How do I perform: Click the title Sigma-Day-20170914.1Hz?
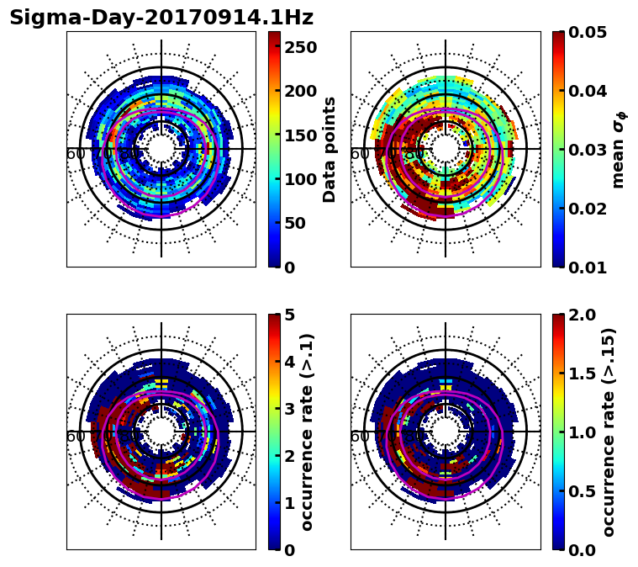click(161, 18)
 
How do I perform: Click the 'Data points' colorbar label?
click(330, 149)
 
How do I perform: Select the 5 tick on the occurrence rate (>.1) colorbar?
click(290, 315)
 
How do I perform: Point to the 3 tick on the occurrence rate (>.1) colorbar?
click(290, 409)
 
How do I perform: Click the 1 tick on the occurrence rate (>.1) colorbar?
click(290, 503)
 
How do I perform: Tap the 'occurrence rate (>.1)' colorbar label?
click(307, 432)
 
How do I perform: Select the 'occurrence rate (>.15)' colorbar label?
click(609, 432)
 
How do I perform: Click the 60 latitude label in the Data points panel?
click(76, 154)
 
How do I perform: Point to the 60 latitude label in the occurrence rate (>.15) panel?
click(360, 437)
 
